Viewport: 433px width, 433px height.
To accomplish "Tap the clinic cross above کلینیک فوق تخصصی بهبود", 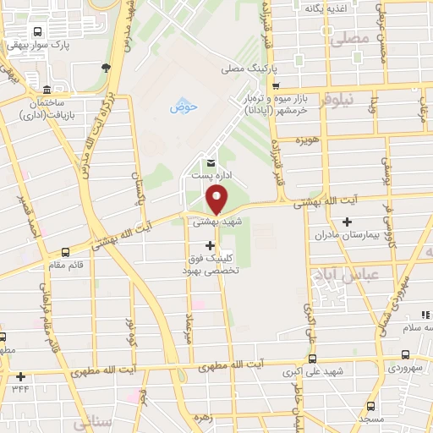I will pos(211,245).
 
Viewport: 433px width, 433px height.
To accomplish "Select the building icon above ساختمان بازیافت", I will pos(47,90).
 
